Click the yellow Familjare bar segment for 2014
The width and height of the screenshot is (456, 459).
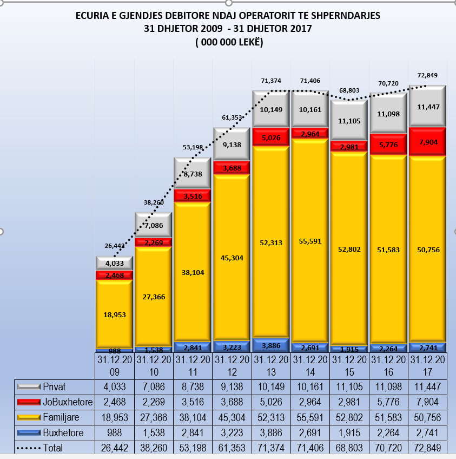point(310,241)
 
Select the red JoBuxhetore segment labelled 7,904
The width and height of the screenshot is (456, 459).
point(427,141)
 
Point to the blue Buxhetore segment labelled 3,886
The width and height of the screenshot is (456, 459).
point(271,345)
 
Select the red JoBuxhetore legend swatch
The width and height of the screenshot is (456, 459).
point(29,402)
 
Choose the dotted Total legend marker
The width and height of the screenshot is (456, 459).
point(29,448)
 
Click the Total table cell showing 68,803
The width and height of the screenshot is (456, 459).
point(349,448)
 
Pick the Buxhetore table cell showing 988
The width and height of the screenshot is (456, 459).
point(114,432)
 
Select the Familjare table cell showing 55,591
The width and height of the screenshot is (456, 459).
point(310,417)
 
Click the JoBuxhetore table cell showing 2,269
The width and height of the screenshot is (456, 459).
point(154,402)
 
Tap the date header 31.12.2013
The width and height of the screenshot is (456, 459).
point(271,365)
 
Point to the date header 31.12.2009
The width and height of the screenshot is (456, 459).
point(114,365)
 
